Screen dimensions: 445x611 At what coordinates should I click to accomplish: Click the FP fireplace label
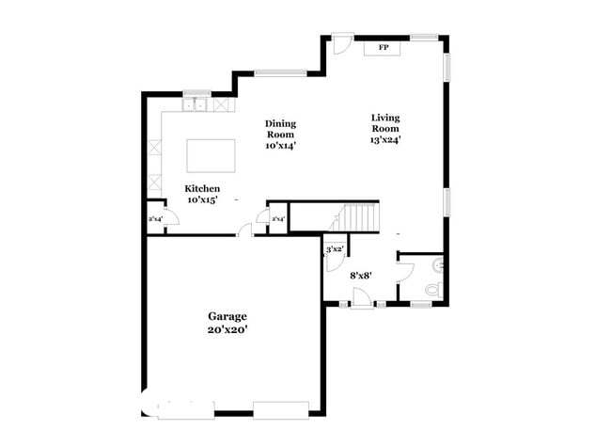(384, 47)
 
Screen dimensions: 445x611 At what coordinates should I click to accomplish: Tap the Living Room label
(384, 122)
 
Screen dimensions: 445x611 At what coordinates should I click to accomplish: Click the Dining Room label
(280, 129)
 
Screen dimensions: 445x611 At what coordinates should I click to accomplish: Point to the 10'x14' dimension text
(280, 146)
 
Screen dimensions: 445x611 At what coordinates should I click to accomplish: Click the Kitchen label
(202, 188)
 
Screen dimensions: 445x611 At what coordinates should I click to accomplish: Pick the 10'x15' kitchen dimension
(202, 200)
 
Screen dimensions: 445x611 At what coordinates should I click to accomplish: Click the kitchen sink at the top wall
(196, 103)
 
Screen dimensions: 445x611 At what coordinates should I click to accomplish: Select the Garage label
(228, 316)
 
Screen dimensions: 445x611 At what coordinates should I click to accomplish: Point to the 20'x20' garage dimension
(228, 330)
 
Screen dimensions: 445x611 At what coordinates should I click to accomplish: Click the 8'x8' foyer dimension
(360, 277)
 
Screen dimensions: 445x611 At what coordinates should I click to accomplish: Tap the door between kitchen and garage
(244, 229)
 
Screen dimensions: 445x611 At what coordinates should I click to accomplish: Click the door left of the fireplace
(342, 43)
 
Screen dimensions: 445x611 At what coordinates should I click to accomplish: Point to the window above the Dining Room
(280, 72)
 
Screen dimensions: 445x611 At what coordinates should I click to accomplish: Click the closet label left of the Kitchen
(155, 219)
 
